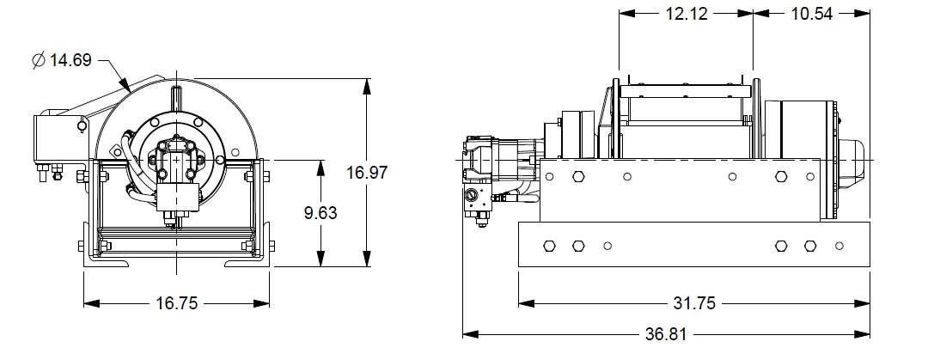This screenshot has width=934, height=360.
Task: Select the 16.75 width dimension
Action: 176,303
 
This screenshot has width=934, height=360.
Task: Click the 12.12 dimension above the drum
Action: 686,15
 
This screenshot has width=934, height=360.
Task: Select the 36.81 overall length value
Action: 666,333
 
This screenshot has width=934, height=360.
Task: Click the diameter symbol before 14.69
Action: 39,61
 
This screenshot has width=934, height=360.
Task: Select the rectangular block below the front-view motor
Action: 178,199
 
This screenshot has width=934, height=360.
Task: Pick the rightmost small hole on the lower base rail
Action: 839,247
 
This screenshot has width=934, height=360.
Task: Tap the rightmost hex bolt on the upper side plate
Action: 781,176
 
